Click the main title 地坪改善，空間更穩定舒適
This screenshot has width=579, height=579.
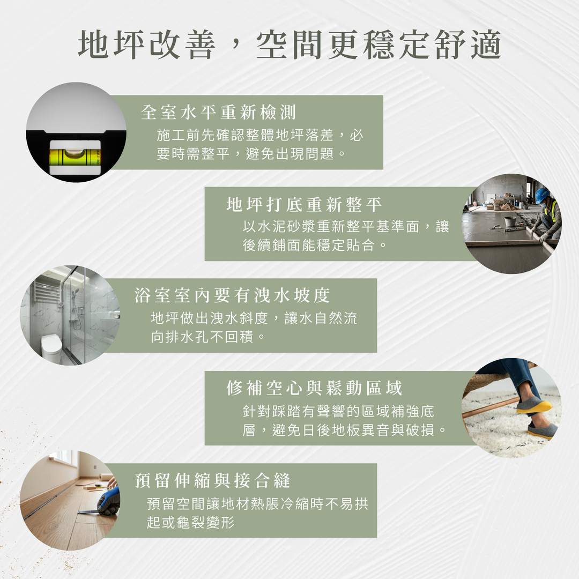click(289, 44)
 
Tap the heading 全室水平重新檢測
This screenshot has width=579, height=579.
click(218, 112)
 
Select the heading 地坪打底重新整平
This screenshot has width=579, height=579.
click(304, 204)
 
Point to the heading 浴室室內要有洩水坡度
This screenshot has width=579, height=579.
click(232, 295)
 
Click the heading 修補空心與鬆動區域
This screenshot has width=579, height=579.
click(314, 388)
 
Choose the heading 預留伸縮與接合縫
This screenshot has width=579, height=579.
click(212, 480)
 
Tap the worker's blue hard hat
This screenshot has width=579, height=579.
click(542, 195)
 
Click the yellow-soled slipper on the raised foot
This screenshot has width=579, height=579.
click(533, 405)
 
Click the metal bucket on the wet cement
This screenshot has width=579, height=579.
click(510, 221)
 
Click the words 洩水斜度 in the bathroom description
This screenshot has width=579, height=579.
click(239, 318)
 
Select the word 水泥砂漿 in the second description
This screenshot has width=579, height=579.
click(287, 227)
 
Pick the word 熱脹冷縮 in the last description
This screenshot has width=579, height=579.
click(280, 504)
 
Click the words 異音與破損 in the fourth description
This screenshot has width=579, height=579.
click(397, 430)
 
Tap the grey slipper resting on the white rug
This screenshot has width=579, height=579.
click(543, 430)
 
